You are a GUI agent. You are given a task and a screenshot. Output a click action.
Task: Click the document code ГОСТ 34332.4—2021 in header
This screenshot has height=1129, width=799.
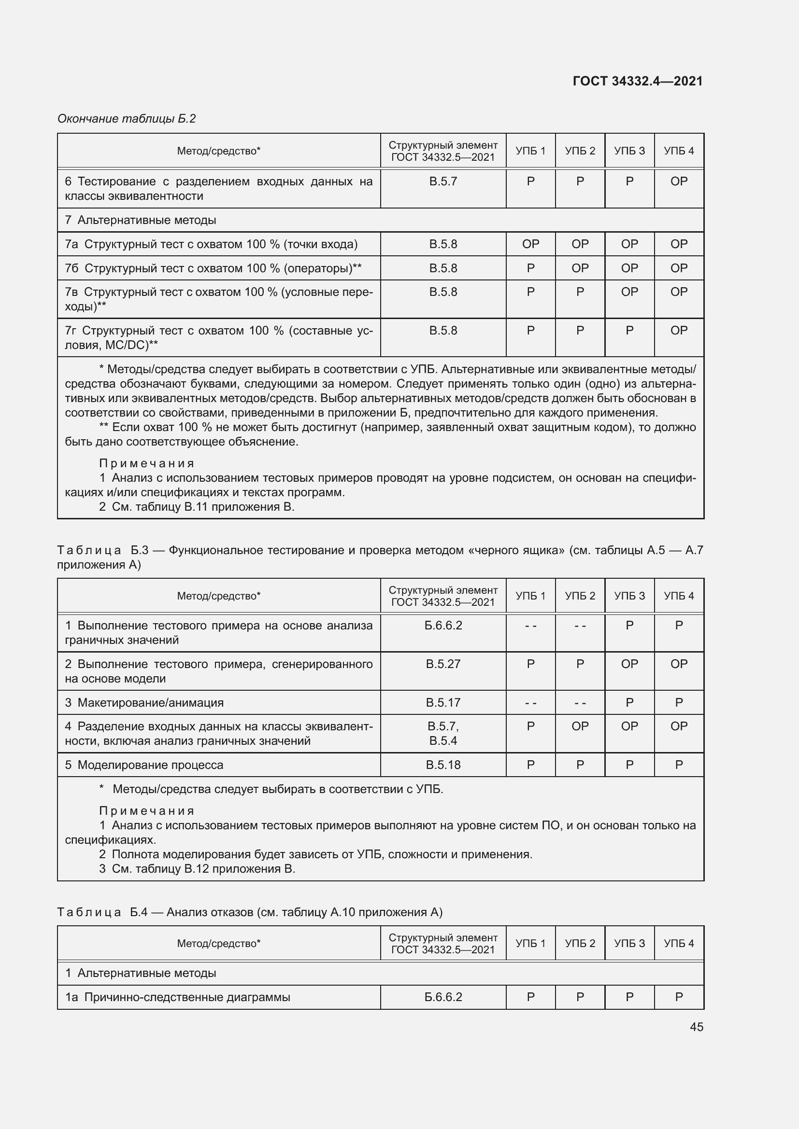(x=637, y=81)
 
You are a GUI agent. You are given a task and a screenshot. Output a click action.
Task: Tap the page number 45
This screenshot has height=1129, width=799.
(x=696, y=1027)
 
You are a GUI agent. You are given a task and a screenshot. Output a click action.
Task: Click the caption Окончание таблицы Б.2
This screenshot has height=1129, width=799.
(x=127, y=119)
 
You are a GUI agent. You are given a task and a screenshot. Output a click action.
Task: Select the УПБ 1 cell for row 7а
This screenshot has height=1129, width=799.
(x=530, y=244)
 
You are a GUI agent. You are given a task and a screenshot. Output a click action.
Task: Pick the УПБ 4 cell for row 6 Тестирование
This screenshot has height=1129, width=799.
(x=678, y=181)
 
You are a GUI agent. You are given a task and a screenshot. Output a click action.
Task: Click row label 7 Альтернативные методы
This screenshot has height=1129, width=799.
(x=141, y=220)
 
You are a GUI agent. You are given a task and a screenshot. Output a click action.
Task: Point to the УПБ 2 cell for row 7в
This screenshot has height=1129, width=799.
(x=580, y=292)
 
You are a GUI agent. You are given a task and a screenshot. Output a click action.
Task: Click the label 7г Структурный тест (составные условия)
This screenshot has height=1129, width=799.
(x=218, y=337)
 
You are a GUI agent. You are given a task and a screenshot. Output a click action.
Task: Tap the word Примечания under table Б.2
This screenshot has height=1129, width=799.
(x=147, y=463)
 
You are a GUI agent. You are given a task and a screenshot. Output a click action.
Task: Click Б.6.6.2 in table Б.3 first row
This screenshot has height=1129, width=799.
(x=443, y=626)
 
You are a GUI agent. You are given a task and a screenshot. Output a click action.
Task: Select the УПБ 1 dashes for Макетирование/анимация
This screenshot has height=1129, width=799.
(x=530, y=703)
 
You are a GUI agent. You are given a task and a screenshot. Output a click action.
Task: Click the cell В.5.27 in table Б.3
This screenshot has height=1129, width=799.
(x=443, y=664)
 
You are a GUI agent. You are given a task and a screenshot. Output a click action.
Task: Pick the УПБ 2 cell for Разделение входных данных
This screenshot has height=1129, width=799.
(x=580, y=726)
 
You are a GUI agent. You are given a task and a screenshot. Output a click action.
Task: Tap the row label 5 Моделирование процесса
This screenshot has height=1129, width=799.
(x=144, y=765)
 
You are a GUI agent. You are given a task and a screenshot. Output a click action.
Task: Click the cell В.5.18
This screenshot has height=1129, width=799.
(x=443, y=765)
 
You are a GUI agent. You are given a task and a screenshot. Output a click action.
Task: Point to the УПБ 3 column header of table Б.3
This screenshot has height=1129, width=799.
(x=629, y=596)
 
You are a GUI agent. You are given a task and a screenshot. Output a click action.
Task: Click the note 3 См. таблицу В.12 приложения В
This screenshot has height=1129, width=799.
(x=197, y=869)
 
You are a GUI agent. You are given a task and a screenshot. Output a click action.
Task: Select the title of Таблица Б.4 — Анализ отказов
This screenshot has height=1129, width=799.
(x=249, y=913)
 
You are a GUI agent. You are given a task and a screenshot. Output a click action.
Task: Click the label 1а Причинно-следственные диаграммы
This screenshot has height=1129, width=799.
(x=178, y=997)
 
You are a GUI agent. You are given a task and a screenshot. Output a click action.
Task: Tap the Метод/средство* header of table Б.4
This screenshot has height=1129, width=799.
(x=218, y=943)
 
